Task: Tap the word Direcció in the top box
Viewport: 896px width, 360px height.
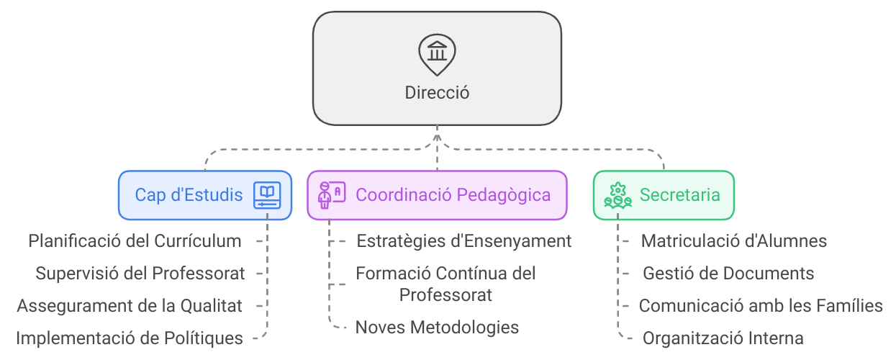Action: click(x=437, y=93)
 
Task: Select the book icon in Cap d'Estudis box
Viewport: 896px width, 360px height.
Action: click(x=267, y=195)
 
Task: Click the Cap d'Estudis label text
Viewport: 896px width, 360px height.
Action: click(x=189, y=195)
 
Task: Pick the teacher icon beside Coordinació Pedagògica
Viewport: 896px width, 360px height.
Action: click(x=331, y=195)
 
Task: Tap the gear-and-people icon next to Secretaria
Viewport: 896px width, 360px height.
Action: click(x=617, y=195)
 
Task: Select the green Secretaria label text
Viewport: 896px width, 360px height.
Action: click(x=679, y=195)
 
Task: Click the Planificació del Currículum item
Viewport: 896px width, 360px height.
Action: click(x=135, y=241)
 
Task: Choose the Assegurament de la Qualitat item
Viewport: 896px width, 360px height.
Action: click(x=130, y=305)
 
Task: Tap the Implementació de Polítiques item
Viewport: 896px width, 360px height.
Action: click(x=130, y=338)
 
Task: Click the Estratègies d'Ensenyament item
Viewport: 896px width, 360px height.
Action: click(x=464, y=241)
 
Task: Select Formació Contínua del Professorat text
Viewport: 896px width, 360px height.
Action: click(x=446, y=284)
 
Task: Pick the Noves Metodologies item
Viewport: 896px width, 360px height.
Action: click(x=437, y=328)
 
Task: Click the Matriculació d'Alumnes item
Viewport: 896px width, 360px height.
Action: click(x=733, y=241)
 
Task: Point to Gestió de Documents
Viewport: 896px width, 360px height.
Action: click(x=728, y=274)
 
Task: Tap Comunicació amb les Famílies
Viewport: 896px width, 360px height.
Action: click(x=761, y=305)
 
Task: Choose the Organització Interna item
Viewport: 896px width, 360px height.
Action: click(x=723, y=338)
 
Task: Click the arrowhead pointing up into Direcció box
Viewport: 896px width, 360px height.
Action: click(x=437, y=131)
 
